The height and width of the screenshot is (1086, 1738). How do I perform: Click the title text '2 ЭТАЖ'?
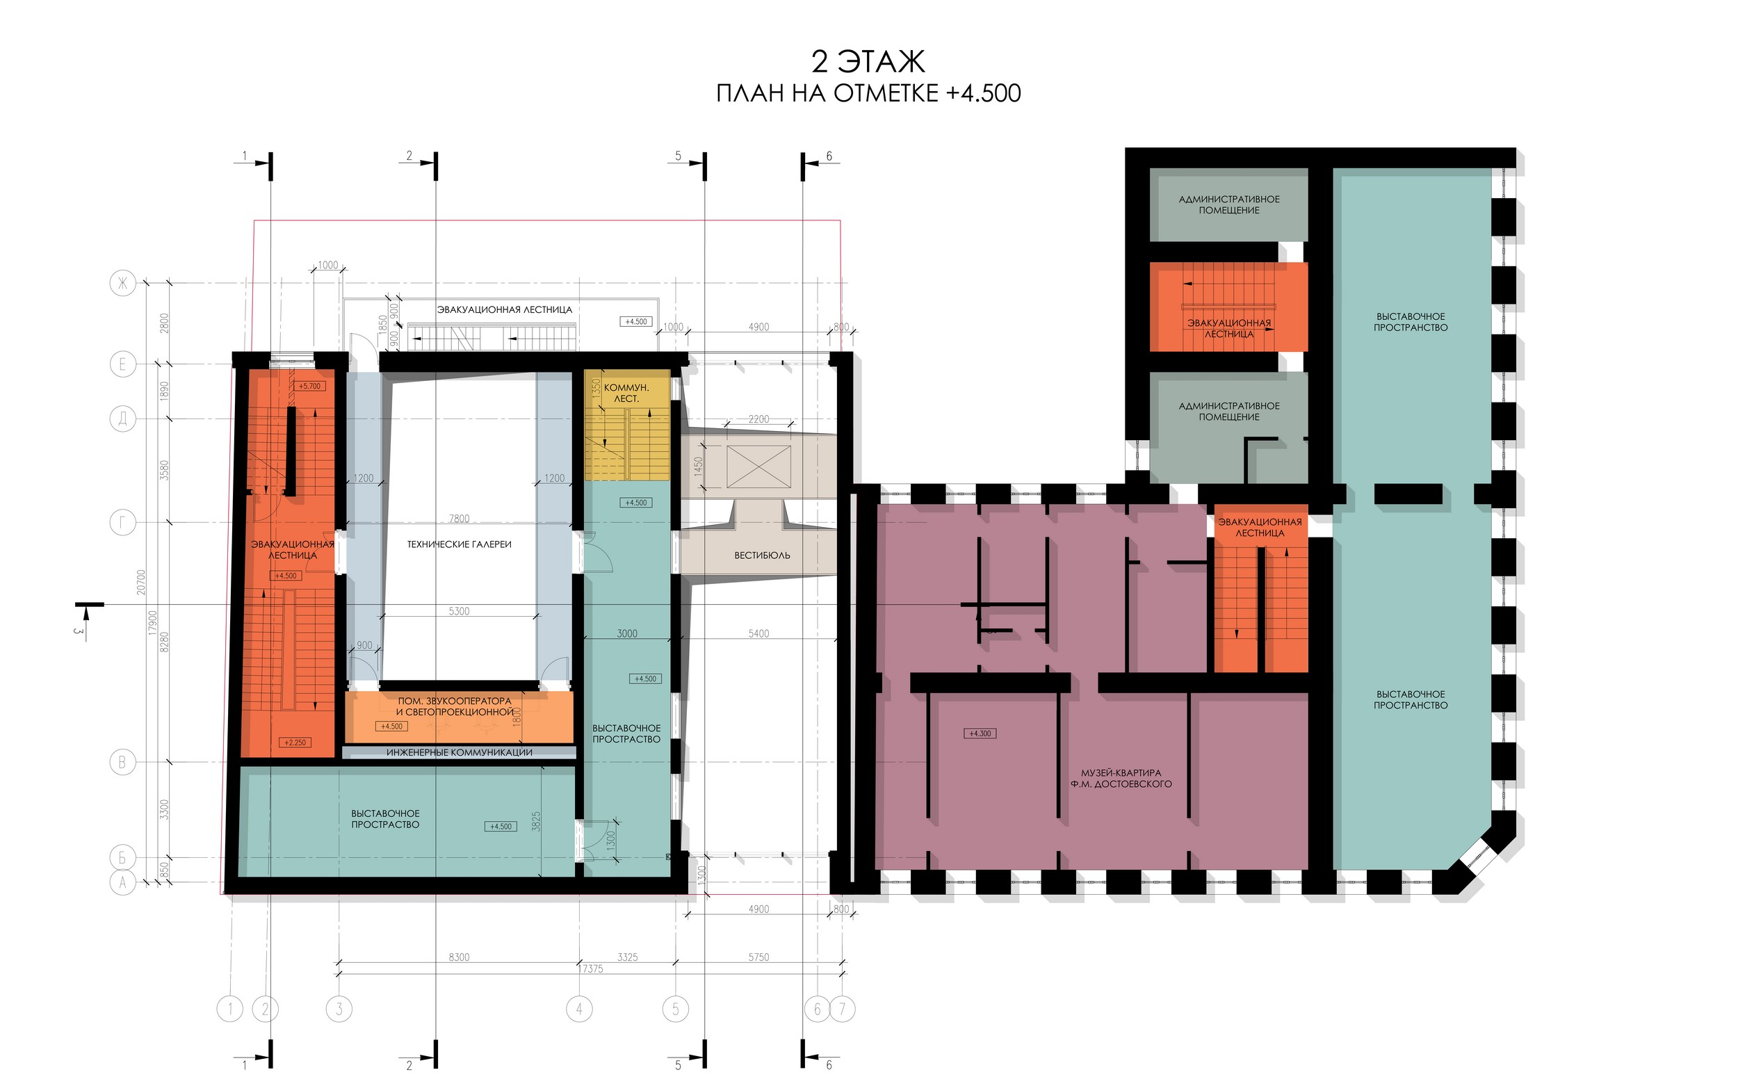(868, 62)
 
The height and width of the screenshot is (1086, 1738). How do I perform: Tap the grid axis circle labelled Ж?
(122, 283)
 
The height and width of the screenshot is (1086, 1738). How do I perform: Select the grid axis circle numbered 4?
(579, 1009)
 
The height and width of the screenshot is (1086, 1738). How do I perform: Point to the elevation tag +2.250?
(295, 743)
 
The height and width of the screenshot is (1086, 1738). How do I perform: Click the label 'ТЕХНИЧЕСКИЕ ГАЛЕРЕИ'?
(459, 544)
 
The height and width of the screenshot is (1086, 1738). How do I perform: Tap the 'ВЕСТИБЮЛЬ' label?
(762, 556)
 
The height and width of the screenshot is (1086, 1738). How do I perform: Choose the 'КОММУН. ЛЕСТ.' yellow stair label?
(626, 393)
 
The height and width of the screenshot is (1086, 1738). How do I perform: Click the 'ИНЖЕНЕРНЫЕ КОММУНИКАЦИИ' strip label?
(459, 752)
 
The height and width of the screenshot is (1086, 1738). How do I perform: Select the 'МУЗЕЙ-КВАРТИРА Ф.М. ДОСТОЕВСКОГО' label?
(1121, 779)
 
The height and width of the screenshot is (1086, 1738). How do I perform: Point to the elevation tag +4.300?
(980, 734)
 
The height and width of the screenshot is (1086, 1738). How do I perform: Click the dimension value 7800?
(459, 519)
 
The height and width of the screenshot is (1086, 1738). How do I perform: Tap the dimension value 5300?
(459, 611)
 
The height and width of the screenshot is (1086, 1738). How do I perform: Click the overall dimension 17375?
(592, 969)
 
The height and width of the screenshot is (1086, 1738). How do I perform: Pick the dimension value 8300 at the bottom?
(459, 957)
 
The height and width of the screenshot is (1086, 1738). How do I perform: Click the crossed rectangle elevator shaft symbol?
(758, 467)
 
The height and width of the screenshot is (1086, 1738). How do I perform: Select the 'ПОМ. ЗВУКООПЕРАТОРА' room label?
(455, 701)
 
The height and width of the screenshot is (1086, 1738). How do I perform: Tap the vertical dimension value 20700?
(142, 582)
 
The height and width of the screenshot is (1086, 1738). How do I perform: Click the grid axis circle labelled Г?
(122, 522)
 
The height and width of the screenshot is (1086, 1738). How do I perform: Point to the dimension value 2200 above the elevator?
(758, 419)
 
